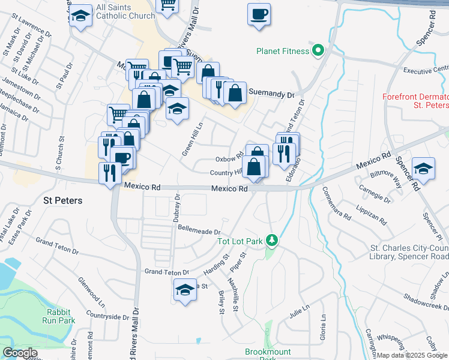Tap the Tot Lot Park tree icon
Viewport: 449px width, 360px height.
(273, 241)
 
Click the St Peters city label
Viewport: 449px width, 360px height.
(62, 199)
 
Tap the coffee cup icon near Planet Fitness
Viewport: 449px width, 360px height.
(259, 14)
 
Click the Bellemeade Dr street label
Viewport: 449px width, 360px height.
(196, 230)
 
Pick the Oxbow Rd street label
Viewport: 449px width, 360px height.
(229, 159)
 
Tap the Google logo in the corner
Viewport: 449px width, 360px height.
(20, 353)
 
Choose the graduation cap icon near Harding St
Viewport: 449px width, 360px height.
(185, 290)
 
